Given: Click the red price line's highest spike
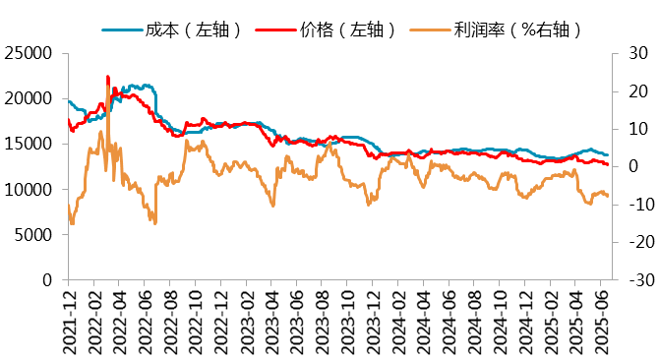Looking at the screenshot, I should (x=107, y=76).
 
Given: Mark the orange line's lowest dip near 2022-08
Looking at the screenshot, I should (x=155, y=222).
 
